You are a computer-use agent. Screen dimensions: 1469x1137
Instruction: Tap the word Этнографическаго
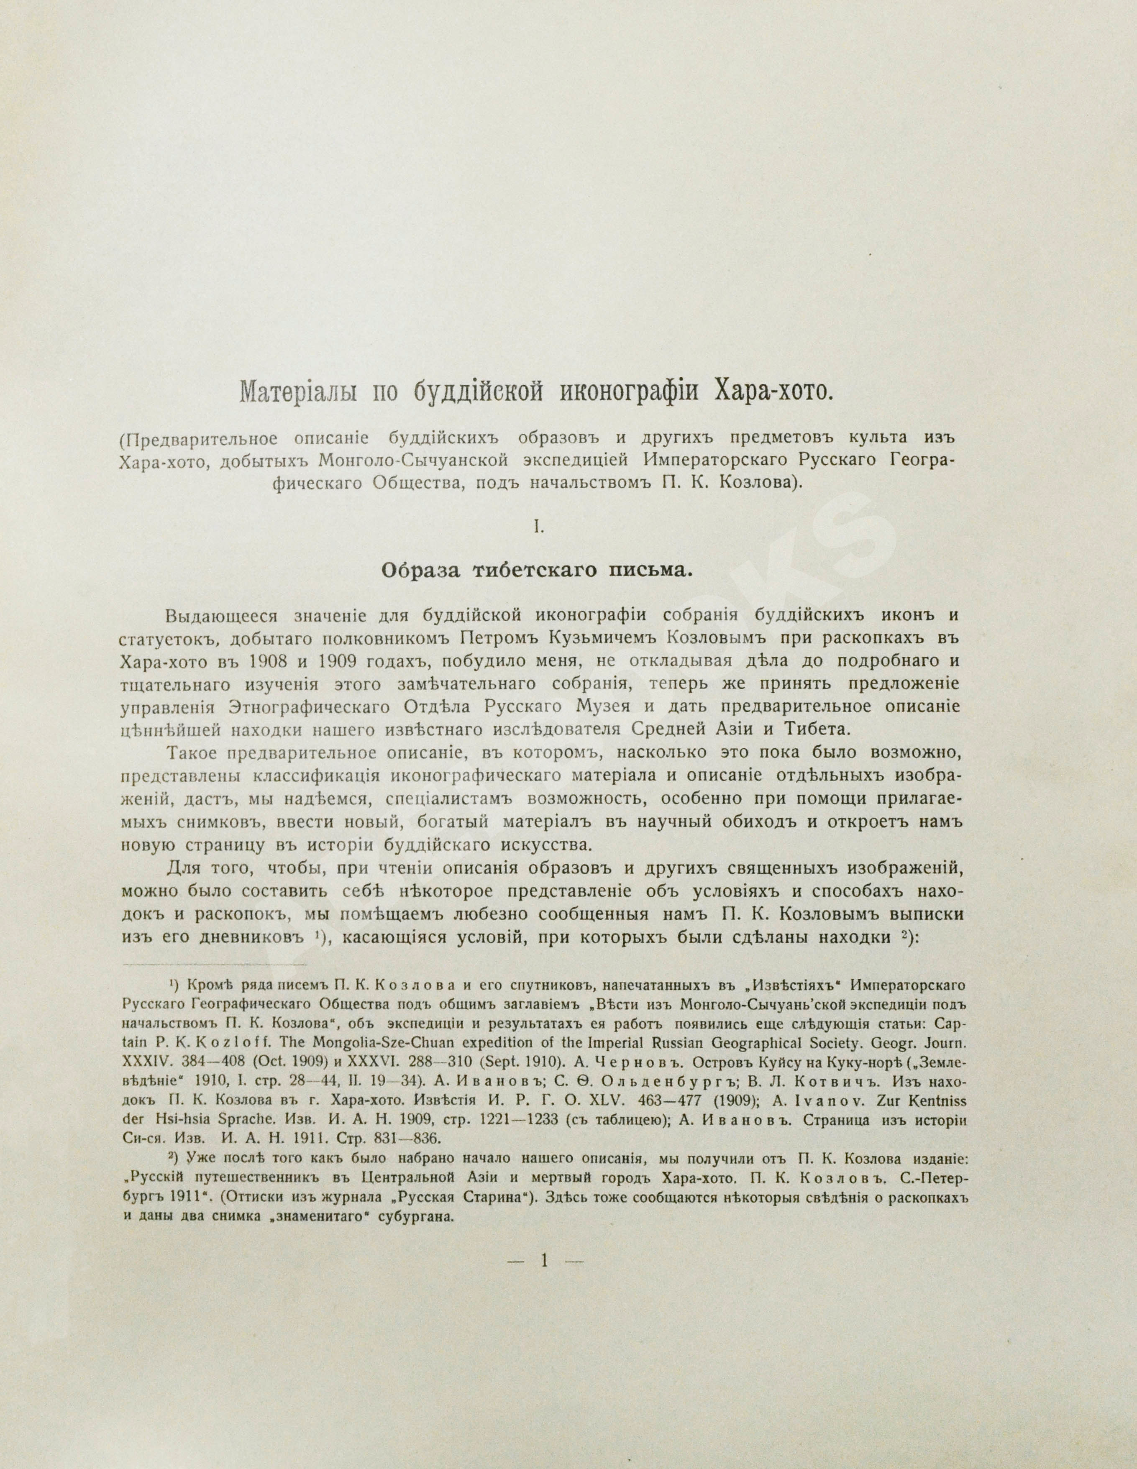[313, 707]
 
